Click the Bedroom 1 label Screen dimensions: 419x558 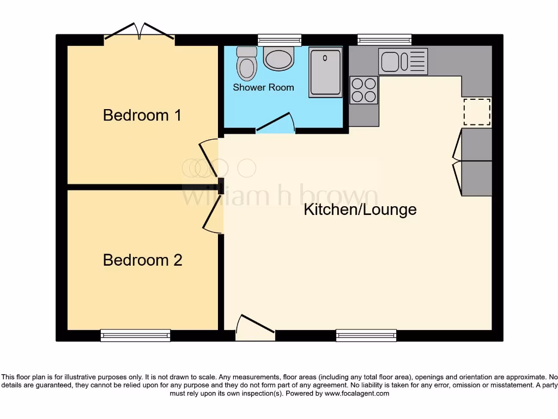pos(142,115)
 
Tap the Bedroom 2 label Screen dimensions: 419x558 pos(142,260)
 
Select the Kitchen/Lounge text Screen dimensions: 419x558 pos(360,209)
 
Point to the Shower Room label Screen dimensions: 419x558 pos(263,87)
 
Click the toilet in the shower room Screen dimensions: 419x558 pos(247,63)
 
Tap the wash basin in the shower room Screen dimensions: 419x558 pos(278,58)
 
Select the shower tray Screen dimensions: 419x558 pos(326,72)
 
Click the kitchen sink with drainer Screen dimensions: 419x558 pos(403,61)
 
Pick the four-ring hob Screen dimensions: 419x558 pos(363,90)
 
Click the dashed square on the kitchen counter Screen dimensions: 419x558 pos(477,112)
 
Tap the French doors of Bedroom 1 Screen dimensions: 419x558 pos(139,32)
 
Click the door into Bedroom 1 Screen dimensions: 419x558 pos(209,158)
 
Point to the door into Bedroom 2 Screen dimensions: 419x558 pos(213,214)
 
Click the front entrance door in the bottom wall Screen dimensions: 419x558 pos(255,327)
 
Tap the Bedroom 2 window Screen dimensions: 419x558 pos(135,336)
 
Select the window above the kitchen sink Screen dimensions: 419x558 pos(384,39)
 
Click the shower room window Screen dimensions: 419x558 pos(280,39)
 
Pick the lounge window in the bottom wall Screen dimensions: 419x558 pos(366,336)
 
